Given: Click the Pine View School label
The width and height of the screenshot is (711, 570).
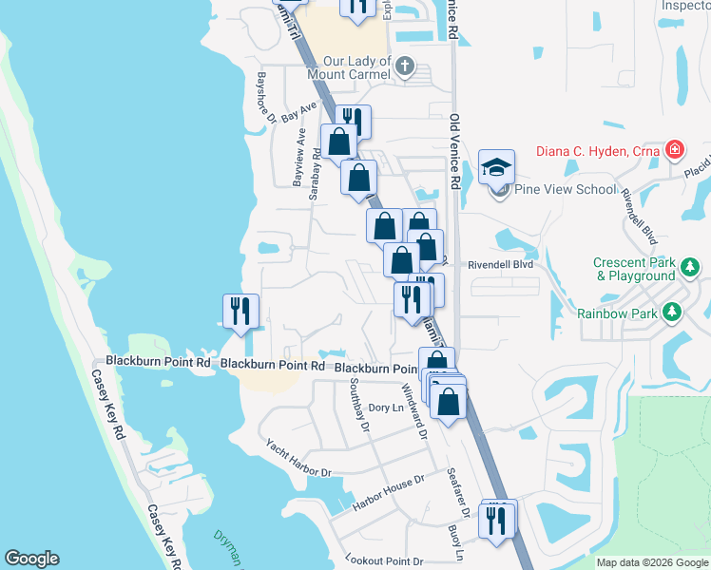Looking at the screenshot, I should click(566, 189).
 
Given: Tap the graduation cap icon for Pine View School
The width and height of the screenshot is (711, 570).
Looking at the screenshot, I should click(496, 168).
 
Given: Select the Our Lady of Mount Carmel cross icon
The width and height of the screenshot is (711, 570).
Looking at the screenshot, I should click(406, 66).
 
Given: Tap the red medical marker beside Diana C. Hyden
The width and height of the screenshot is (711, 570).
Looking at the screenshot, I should click(674, 148).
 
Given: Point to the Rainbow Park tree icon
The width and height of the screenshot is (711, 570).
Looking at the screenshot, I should click(673, 312).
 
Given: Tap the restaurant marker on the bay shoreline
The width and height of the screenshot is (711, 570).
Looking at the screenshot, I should click(240, 312).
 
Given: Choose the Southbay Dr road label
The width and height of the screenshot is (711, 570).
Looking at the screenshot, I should click(358, 404).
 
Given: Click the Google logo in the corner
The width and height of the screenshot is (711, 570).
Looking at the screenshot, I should click(31, 559).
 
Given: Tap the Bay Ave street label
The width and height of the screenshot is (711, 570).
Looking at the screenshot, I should click(298, 111).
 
